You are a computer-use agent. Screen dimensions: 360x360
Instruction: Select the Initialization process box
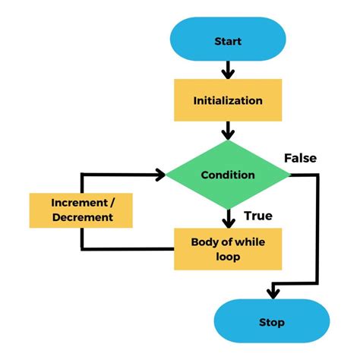point(228,100)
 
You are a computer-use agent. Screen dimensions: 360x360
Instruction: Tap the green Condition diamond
point(228,175)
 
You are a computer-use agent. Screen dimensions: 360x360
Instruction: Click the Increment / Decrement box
point(81,210)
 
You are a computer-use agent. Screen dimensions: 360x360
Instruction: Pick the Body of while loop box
point(228,248)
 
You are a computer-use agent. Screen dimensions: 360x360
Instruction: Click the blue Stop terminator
point(271,322)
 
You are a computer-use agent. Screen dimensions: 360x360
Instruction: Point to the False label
point(300,158)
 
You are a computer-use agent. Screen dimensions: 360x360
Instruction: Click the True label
point(258,216)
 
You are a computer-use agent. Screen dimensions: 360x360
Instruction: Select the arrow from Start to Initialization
point(228,70)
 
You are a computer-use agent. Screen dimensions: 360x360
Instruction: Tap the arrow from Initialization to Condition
point(228,131)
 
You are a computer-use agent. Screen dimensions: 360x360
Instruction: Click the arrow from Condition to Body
point(228,217)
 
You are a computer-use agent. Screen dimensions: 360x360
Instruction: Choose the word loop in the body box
point(228,256)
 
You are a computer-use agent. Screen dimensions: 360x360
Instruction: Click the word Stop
point(271,322)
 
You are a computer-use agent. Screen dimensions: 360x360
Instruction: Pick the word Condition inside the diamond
point(228,175)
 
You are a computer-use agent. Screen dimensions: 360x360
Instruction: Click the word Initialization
point(228,100)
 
